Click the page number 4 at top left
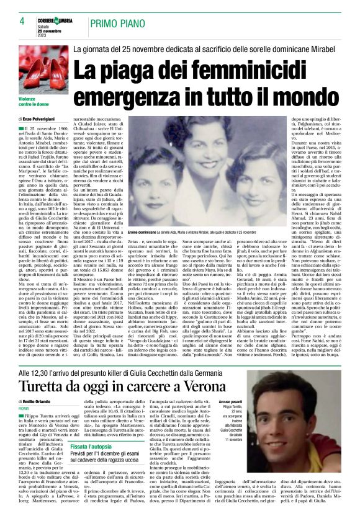click(22, 21)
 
